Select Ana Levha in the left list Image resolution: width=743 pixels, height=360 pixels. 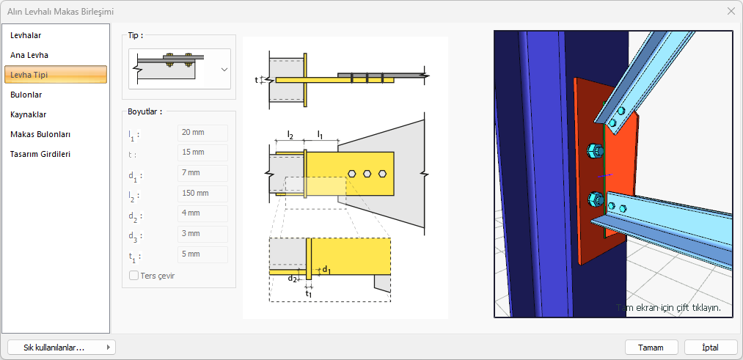(x=29, y=55)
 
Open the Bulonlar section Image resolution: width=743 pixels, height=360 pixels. (x=26, y=95)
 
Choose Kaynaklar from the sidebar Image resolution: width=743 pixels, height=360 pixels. (x=28, y=114)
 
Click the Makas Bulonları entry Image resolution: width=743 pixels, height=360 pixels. (x=40, y=134)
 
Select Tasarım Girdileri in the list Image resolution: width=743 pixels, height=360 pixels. (x=40, y=155)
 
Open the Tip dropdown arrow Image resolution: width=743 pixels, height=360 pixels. (x=224, y=69)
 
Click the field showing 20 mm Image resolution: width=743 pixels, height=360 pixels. (x=203, y=133)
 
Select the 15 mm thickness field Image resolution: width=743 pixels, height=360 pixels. (x=203, y=153)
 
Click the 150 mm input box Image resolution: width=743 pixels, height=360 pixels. (x=203, y=194)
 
